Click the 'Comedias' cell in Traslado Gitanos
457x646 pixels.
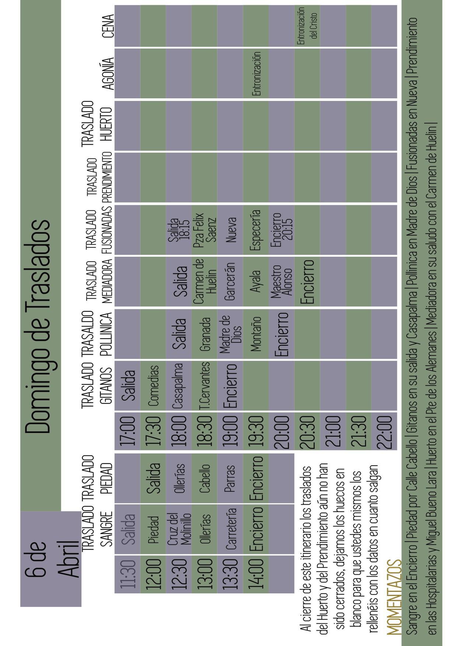click(x=153, y=386)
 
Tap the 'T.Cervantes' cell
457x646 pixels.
click(x=204, y=386)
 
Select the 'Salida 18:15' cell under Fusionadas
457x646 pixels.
click(x=179, y=229)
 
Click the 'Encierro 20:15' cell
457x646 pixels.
click(x=281, y=229)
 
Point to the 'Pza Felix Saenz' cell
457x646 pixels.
click(x=204, y=229)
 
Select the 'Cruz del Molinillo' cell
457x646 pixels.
click(x=179, y=529)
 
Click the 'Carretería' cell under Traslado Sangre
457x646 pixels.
click(x=230, y=529)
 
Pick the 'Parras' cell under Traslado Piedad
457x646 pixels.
click(x=230, y=478)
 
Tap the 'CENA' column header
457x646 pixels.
click(x=108, y=26)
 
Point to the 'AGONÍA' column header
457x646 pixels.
click(x=108, y=74)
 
